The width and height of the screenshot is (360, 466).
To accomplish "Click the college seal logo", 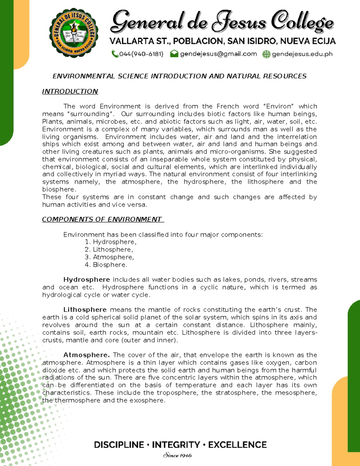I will (x=74, y=33).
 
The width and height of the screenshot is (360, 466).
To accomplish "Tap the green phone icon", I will (x=115, y=54).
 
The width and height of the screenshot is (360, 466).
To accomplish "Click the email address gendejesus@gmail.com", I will (x=218, y=54).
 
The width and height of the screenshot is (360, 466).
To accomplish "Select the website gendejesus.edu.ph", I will (x=302, y=54).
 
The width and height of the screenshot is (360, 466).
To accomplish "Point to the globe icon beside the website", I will (x=266, y=54).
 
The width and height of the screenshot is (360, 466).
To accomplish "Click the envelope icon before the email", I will (x=174, y=54).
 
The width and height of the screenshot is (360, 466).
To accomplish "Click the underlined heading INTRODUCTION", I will (x=70, y=92).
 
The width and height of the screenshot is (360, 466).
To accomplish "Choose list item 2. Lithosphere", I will (x=109, y=250).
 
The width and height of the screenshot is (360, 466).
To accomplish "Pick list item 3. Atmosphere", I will (x=109, y=257).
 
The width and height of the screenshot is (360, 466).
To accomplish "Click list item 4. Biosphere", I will (x=106, y=265).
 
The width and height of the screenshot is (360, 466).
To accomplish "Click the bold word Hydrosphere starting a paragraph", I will (x=86, y=280).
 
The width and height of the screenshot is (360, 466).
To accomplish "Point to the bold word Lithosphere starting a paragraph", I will (x=85, y=310).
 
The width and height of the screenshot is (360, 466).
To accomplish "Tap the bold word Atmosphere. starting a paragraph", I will (x=86, y=355).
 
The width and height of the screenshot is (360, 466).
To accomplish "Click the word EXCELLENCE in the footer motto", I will (x=237, y=445).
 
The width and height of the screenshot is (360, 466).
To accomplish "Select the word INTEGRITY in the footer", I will (x=176, y=445).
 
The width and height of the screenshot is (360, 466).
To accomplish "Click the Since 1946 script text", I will (x=177, y=455).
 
